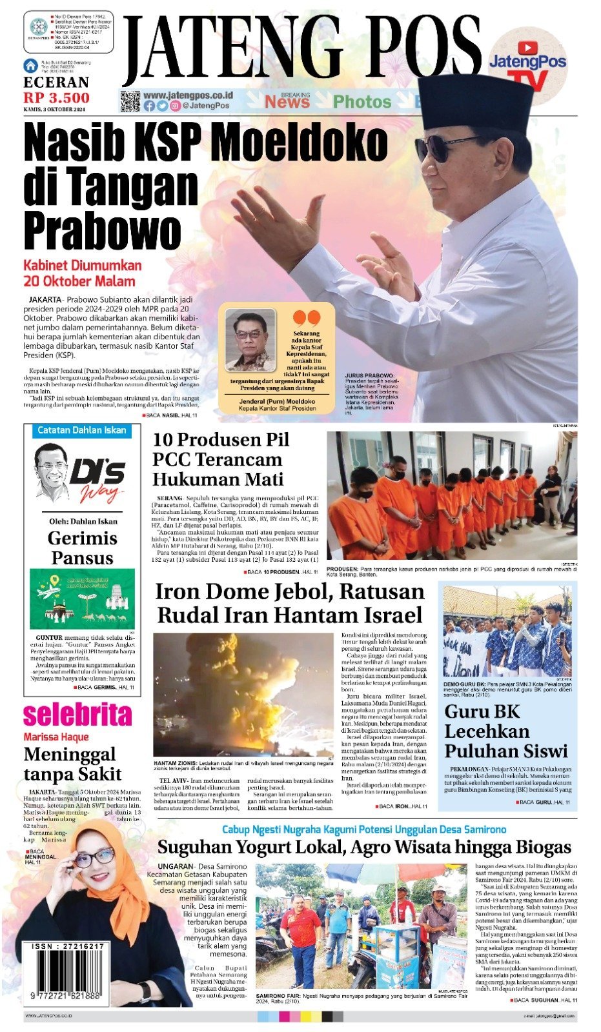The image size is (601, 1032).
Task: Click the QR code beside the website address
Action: click(130, 101)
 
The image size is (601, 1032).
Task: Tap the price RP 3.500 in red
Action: click(57, 98)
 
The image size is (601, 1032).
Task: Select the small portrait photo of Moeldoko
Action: click(250, 341)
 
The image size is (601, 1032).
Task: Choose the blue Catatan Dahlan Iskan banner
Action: click(82, 430)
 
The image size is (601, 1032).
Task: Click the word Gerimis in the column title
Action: click(82, 538)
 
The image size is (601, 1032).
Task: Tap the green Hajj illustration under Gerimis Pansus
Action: click(82, 599)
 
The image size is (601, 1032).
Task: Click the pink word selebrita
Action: click(77, 715)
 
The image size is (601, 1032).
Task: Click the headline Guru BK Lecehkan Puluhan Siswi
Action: click(505, 731)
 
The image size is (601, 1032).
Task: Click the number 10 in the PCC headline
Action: click(162, 440)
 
